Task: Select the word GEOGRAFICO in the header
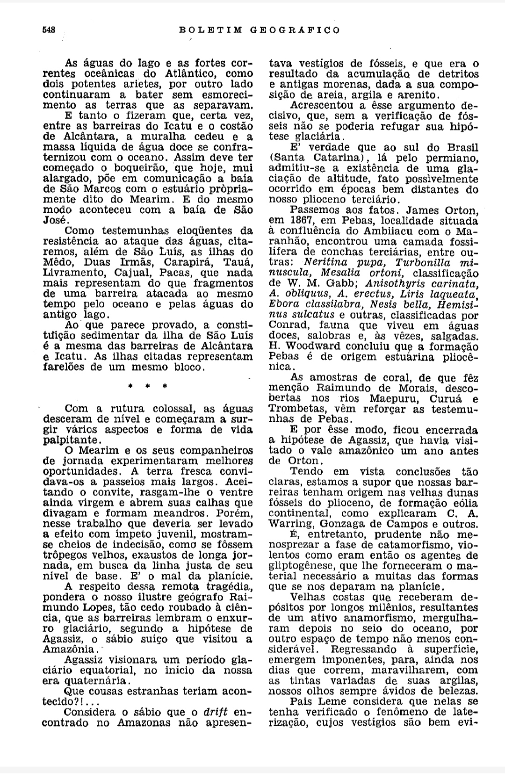[x=295, y=30]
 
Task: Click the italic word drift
[x=216, y=712]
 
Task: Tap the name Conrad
[x=289, y=325]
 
